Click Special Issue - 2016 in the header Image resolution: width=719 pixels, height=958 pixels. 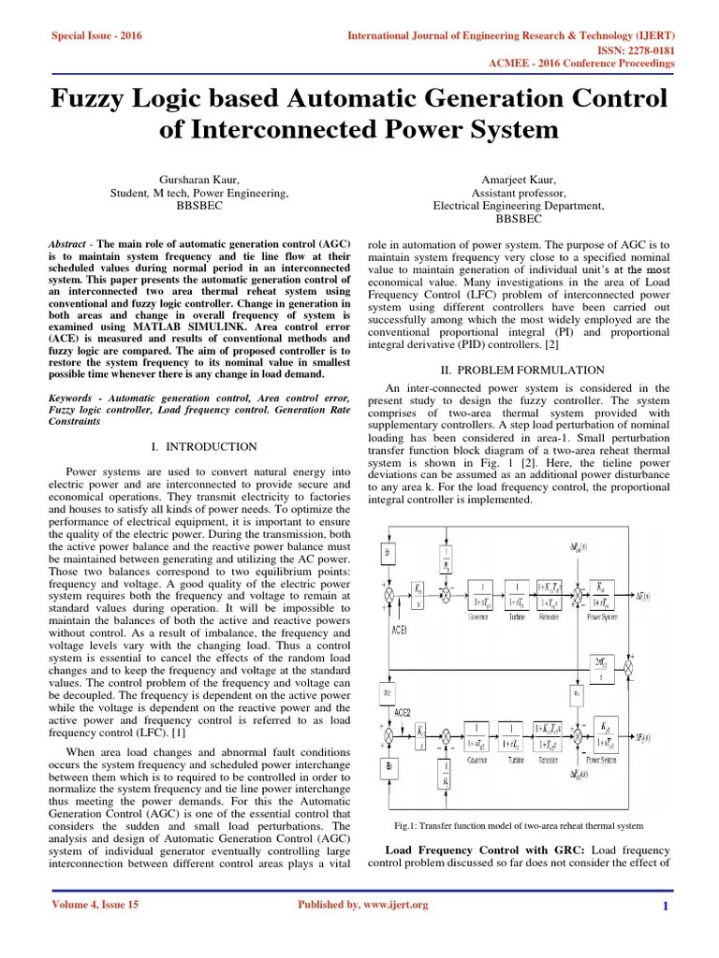point(90,36)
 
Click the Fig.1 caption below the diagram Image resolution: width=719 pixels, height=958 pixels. point(518,826)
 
